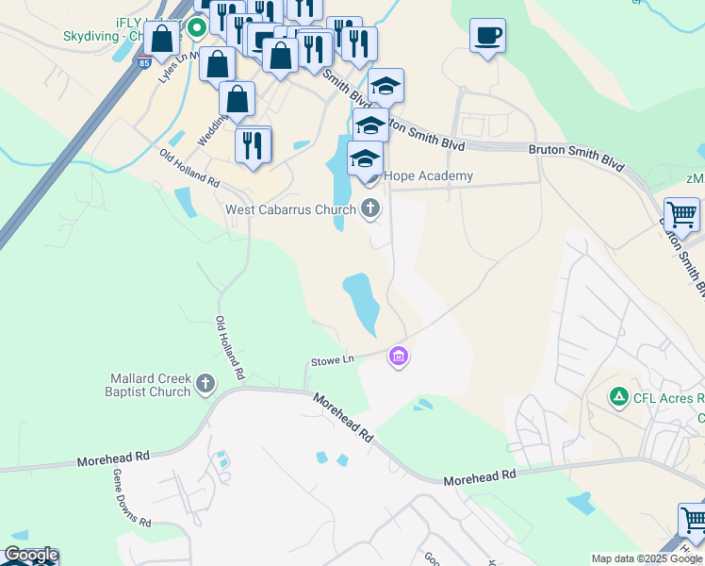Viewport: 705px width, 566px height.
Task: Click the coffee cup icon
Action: tap(487, 36)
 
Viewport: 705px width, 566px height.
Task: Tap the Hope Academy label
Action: tap(428, 176)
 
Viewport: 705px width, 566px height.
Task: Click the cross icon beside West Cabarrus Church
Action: tap(370, 208)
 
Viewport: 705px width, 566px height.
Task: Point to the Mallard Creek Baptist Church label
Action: tap(151, 385)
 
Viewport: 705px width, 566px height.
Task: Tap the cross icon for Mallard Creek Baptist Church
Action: tap(205, 385)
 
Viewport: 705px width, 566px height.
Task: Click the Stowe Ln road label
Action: tap(333, 361)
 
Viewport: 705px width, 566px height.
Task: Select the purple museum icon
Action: tap(399, 356)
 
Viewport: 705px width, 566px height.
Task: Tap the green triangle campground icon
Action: tap(619, 397)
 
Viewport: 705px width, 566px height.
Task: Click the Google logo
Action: tap(30, 556)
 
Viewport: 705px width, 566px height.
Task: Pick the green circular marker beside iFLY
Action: tap(197, 26)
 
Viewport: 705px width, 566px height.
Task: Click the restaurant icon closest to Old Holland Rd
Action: tap(253, 145)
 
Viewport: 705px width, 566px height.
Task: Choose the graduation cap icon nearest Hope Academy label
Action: tap(365, 158)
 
